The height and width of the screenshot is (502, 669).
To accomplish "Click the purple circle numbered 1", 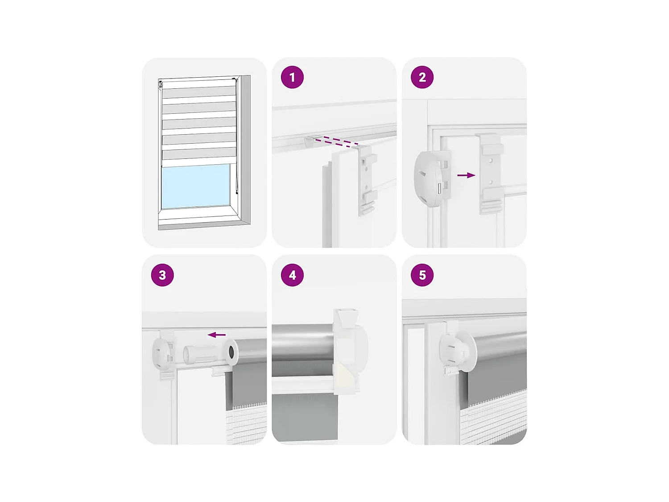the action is click(292, 77).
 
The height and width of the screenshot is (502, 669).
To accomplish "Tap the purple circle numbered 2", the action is click(422, 77).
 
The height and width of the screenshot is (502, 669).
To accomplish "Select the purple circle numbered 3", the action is click(162, 275).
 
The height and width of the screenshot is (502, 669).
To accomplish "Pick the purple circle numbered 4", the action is click(292, 275).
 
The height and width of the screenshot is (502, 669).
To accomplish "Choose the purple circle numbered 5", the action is click(422, 275).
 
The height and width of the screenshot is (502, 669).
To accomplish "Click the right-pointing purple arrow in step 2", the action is click(466, 175).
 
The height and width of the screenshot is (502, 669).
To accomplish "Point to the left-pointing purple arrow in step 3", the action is click(216, 335).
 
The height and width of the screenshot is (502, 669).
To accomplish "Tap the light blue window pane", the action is click(195, 186).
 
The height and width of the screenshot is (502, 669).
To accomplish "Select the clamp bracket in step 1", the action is click(367, 179).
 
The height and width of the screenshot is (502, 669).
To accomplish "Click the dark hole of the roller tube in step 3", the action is click(231, 353).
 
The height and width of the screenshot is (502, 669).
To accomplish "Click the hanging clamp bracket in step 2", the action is click(491, 174).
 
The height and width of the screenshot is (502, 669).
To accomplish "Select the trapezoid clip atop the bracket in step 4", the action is click(347, 319).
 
